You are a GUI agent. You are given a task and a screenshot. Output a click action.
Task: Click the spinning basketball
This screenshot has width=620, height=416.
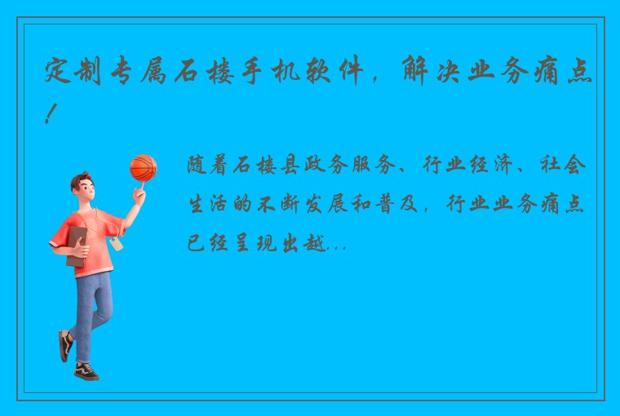click(143, 168)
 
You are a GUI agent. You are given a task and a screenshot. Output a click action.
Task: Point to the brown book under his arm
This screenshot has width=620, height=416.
click(76, 244)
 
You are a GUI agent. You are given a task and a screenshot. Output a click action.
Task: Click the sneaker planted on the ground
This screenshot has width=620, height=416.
click(86, 371)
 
